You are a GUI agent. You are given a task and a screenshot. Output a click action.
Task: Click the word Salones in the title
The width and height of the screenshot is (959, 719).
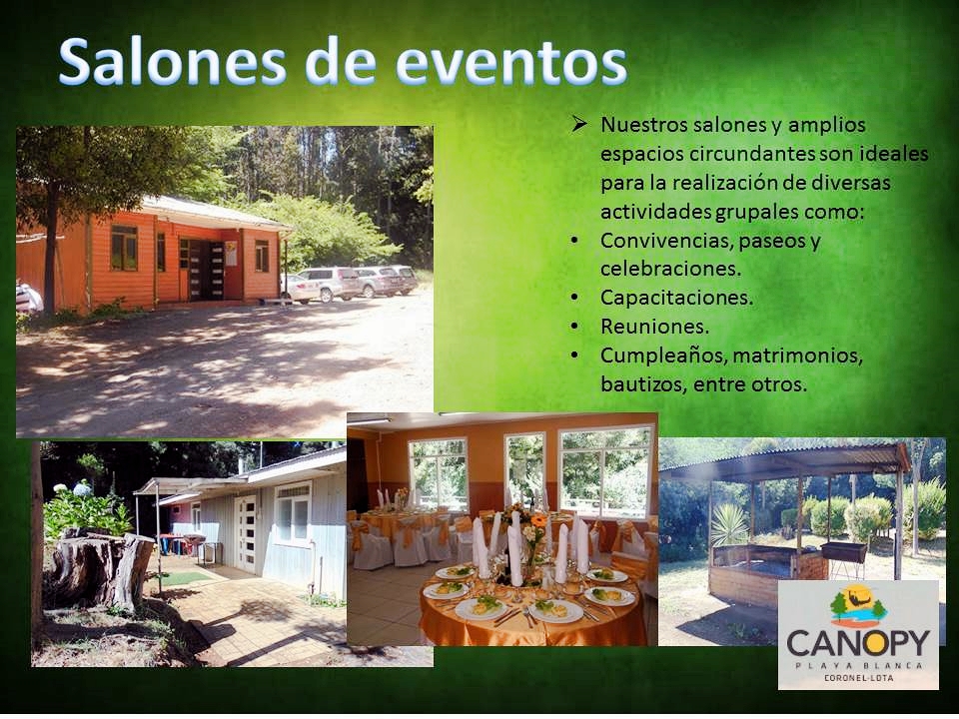[x=173, y=62]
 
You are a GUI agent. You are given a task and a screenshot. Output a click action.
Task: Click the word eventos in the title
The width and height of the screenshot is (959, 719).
[x=511, y=63]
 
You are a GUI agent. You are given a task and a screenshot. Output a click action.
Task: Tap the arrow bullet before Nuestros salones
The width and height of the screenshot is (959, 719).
[x=578, y=124]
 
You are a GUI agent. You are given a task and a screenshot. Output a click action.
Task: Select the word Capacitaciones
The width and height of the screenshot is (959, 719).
[x=676, y=298]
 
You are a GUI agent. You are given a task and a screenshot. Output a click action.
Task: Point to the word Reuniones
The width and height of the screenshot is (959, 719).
[x=654, y=327]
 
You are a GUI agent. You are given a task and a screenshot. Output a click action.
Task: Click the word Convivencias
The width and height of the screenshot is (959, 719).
[x=665, y=241]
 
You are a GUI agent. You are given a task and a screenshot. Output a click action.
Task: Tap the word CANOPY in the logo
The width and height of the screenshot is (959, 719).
[x=857, y=643]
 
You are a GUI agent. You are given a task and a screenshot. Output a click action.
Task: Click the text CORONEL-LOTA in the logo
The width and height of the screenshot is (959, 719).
[x=858, y=677]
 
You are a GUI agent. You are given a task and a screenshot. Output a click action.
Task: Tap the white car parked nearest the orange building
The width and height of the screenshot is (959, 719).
[x=300, y=290]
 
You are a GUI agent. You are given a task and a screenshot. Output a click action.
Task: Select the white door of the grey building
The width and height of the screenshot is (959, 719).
[x=247, y=533]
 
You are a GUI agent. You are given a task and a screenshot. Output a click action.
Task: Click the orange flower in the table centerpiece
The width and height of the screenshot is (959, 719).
[x=538, y=521]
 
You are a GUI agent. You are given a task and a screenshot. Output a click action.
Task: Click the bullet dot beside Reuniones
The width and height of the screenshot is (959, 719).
[x=574, y=327]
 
